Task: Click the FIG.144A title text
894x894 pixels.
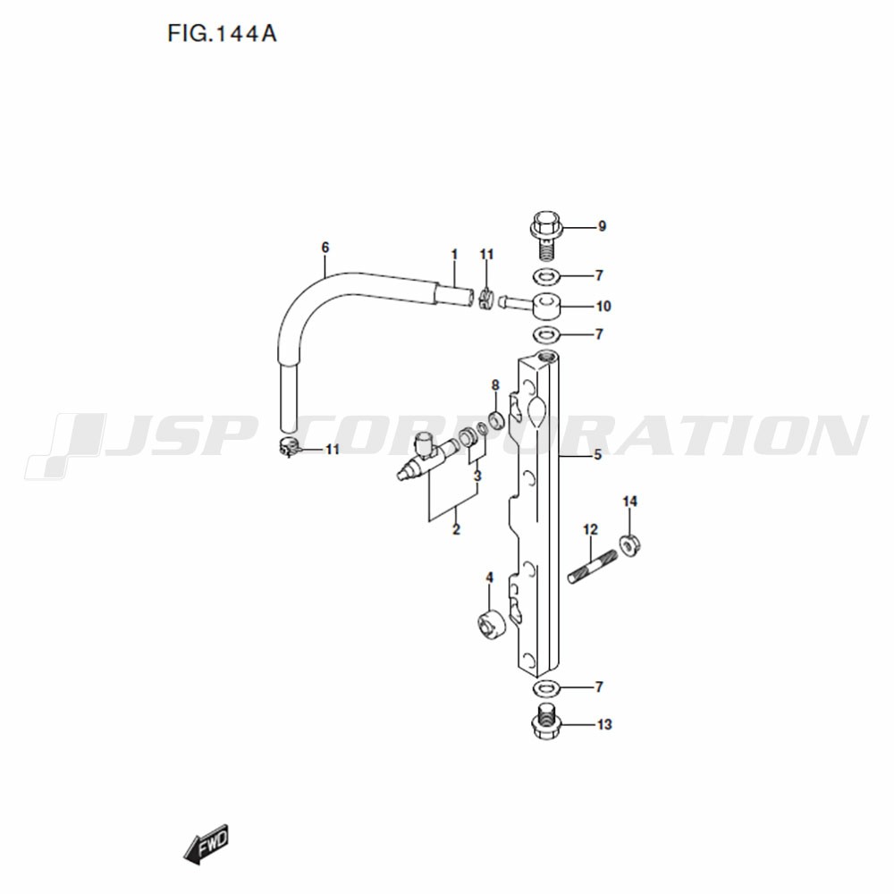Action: [x=222, y=34]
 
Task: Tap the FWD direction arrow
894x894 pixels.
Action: [x=206, y=845]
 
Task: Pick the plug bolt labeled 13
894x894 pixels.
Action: [x=547, y=721]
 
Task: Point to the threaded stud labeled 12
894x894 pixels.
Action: [x=593, y=566]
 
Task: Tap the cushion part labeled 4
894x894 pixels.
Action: [x=491, y=624]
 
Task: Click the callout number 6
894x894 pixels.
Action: [x=325, y=248]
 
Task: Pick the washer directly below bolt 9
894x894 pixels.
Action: [x=546, y=277]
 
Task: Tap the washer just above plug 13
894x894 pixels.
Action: [x=546, y=688]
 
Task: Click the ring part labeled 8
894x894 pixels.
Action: [x=496, y=419]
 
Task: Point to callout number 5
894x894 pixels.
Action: [x=597, y=454]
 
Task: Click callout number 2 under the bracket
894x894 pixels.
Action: [x=456, y=529]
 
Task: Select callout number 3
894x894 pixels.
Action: [x=477, y=475]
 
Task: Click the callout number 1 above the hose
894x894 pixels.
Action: [x=454, y=254]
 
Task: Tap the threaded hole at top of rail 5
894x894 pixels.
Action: [x=550, y=358]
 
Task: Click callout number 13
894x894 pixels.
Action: [x=604, y=725]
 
